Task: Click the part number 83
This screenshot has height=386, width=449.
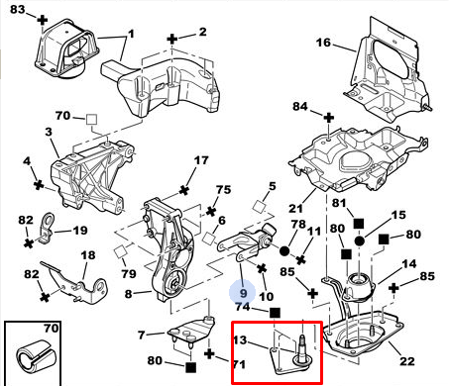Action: [17, 9]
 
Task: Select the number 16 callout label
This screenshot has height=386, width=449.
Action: [323, 43]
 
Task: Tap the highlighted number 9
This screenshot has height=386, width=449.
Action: [243, 293]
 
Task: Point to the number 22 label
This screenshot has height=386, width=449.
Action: [407, 361]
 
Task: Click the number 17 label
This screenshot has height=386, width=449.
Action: [201, 160]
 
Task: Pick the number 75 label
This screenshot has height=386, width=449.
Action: [223, 190]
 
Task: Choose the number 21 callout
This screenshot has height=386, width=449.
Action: [295, 209]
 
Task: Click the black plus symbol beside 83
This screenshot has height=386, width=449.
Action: [42, 21]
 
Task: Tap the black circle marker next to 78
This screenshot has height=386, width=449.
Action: [284, 251]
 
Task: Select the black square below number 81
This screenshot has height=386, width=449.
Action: [359, 224]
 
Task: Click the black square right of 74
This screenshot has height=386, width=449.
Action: [275, 313]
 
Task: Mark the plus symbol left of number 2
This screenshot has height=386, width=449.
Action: [171, 40]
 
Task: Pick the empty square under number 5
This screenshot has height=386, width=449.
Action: [260, 207]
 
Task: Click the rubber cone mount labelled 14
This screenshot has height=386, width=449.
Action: [359, 287]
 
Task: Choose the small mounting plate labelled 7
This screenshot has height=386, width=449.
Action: [191, 331]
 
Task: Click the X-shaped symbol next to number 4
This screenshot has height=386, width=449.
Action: [39, 185]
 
